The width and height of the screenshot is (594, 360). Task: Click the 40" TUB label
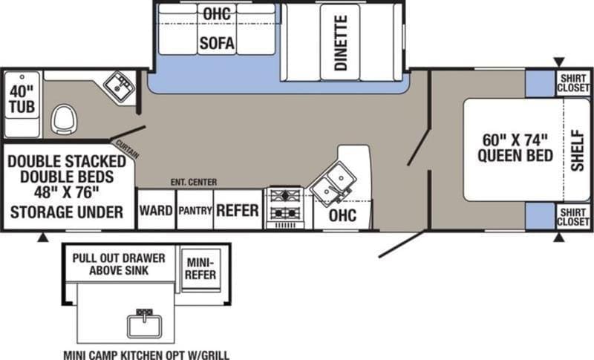(x=22, y=99)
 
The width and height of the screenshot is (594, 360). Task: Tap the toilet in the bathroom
(x=63, y=120)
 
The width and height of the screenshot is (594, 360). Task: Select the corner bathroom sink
(x=120, y=86)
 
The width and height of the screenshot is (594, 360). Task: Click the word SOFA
(x=217, y=43)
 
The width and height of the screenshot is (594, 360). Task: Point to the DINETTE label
(x=341, y=43)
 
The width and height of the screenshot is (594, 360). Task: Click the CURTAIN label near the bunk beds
(x=127, y=149)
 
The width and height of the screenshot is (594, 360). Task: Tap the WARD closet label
(x=156, y=211)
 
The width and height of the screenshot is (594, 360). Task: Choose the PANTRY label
(x=195, y=211)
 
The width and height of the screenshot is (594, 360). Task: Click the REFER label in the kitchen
(x=238, y=211)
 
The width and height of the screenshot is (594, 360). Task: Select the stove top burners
(x=285, y=205)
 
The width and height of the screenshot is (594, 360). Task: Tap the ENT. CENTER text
(x=194, y=183)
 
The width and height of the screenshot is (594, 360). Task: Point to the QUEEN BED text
(x=515, y=156)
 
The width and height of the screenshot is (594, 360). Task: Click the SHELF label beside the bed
(x=578, y=150)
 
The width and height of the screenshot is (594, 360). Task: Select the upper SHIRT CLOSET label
(x=573, y=83)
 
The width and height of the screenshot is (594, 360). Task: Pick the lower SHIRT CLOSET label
(x=573, y=217)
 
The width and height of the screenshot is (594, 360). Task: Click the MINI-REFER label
(x=200, y=269)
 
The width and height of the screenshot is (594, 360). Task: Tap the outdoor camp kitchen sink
(x=144, y=324)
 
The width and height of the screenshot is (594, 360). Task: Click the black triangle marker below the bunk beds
(x=43, y=238)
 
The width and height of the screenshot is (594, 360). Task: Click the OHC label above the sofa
(x=217, y=14)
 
